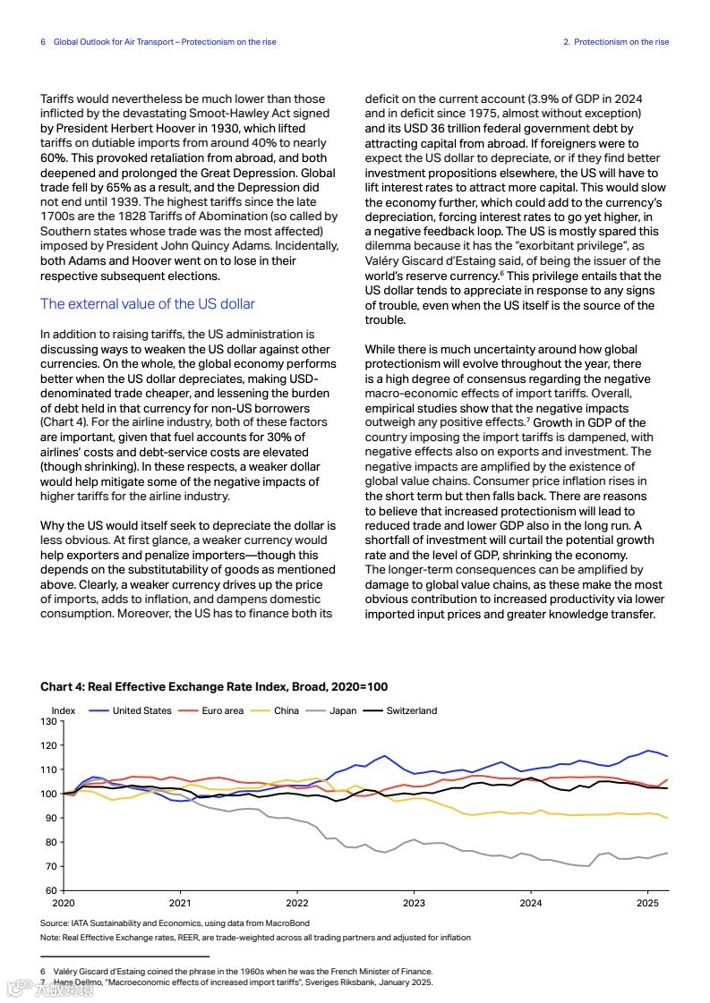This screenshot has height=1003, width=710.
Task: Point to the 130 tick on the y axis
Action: click(49, 721)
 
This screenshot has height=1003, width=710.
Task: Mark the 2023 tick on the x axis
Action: click(414, 904)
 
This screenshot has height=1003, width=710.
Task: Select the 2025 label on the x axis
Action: click(647, 904)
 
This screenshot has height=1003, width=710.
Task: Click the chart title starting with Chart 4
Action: click(214, 686)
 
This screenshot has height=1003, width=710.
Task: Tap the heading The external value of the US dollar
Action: click(148, 304)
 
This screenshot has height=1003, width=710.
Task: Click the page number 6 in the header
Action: click(43, 42)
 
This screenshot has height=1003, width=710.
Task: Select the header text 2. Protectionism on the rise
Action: click(616, 42)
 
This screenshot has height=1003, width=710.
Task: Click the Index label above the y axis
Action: click(64, 710)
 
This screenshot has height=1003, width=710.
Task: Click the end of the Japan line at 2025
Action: click(667, 853)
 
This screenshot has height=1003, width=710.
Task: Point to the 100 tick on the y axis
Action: click(49, 794)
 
